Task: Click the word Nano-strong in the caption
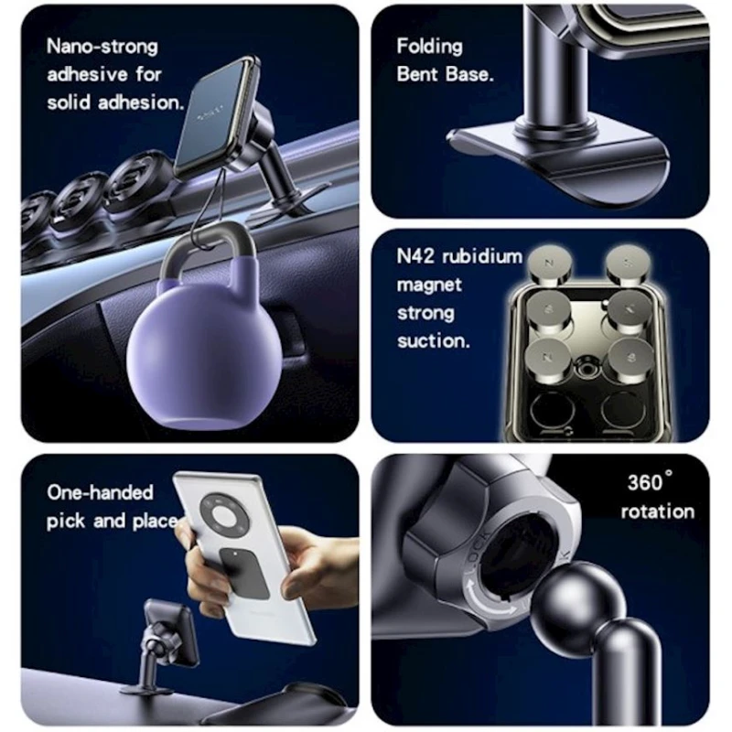pos(102,47)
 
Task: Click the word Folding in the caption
pos(429,47)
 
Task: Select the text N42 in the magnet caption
pos(415,256)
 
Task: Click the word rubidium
pos(482,256)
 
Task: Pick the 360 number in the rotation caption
pos(646,482)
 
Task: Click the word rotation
pos(657,511)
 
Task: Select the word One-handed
pos(100,492)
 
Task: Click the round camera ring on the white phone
pos(223,516)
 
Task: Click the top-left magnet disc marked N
pos(549,264)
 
